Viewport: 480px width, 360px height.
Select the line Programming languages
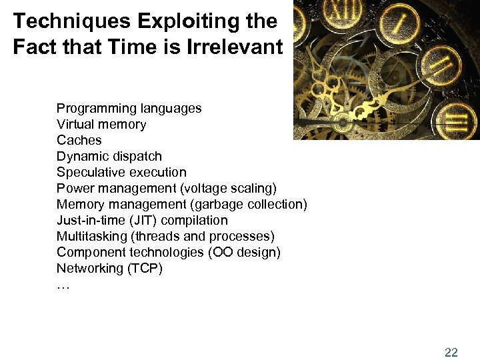(129, 108)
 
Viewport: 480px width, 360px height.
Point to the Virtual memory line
(101, 124)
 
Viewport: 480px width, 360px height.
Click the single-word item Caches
(79, 140)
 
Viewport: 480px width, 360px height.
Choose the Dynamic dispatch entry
(109, 156)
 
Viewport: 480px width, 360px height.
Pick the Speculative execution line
(121, 172)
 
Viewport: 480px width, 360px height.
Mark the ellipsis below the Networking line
(63, 285)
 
